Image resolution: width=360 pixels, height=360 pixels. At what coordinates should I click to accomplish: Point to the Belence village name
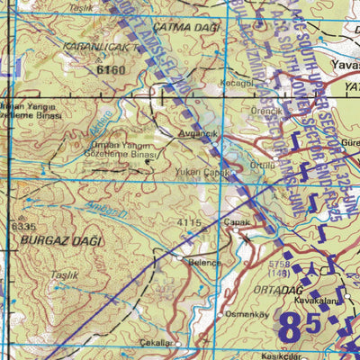[x=203, y=263]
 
